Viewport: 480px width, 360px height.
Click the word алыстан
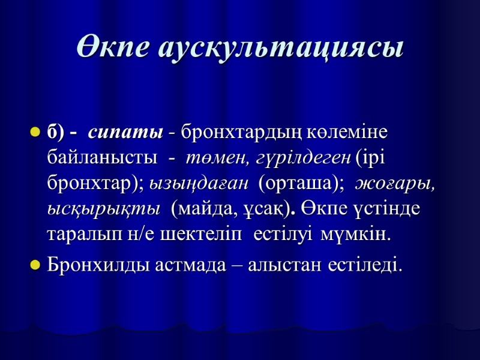click(x=285, y=264)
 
